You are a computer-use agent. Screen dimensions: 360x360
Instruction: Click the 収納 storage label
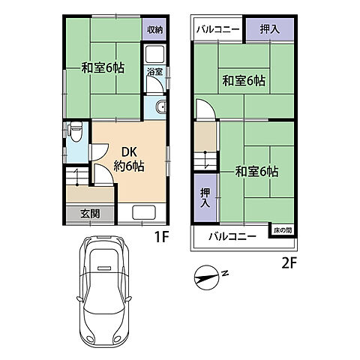(154, 30)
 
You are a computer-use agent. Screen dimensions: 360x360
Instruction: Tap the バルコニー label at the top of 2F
(217, 29)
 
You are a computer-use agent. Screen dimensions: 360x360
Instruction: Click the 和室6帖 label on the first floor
(103, 67)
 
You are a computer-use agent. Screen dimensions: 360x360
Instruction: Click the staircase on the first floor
(78, 178)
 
